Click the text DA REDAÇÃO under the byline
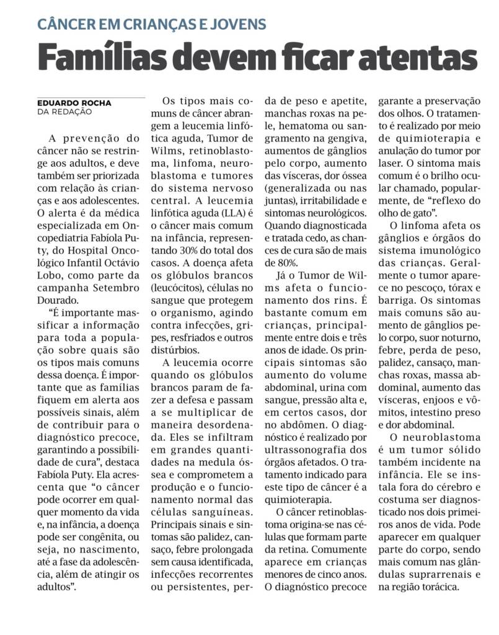tap(64, 112)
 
